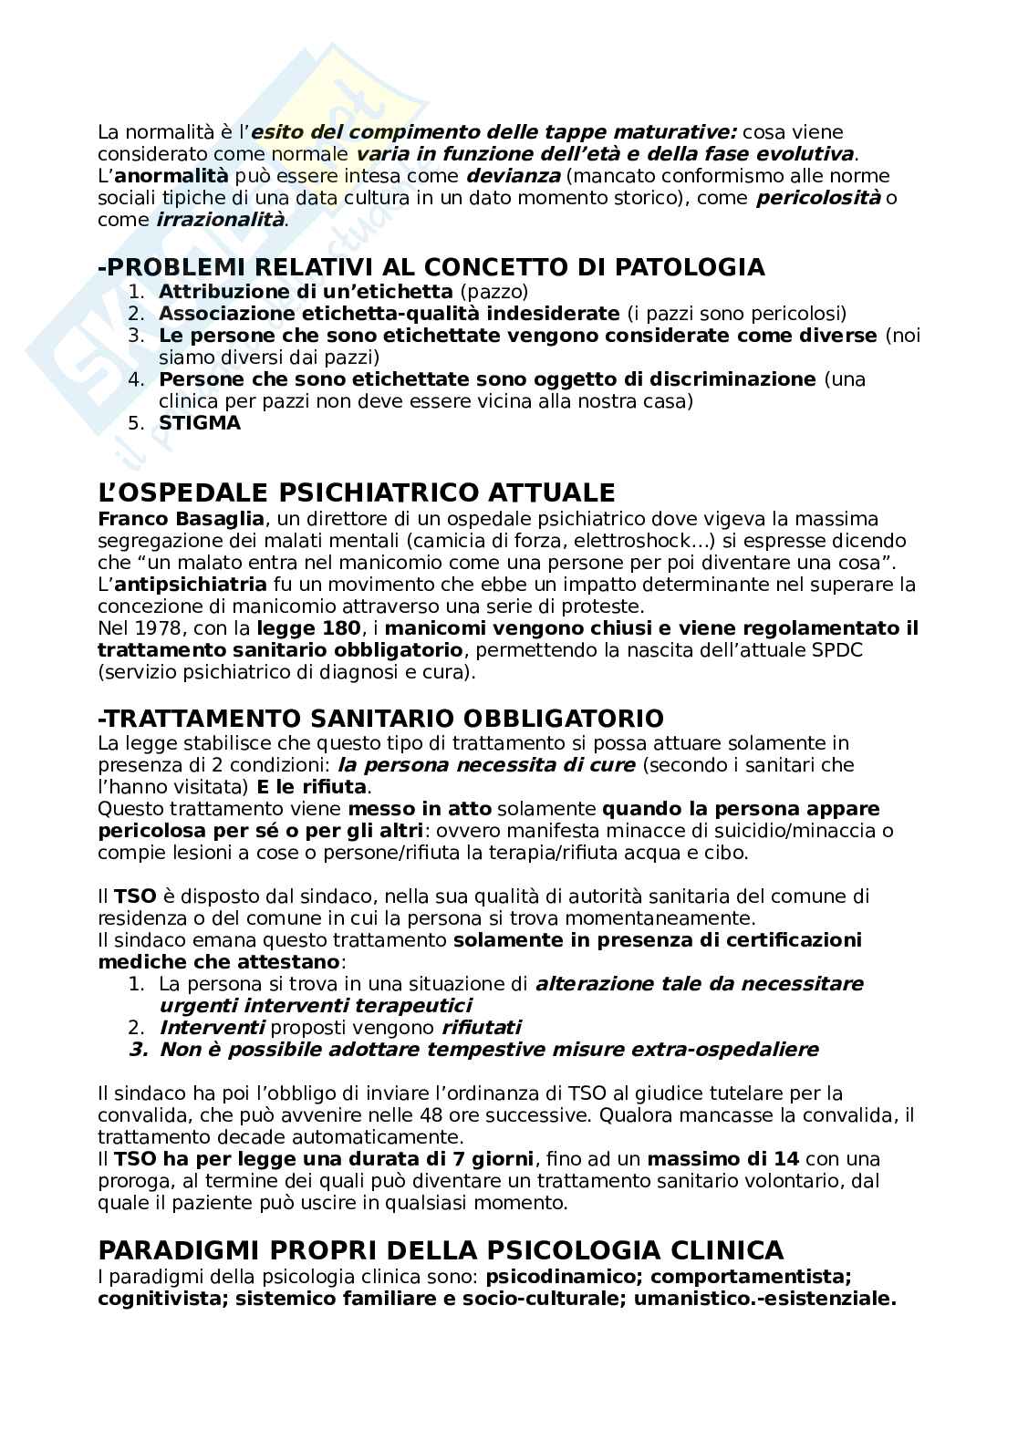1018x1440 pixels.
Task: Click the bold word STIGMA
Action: pyautogui.click(x=200, y=423)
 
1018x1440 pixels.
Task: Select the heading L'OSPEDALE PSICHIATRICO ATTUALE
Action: pyautogui.click(x=357, y=493)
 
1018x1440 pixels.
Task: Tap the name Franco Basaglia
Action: pyautogui.click(x=181, y=519)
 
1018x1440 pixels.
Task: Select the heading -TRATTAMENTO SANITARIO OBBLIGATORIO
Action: pyautogui.click(x=380, y=718)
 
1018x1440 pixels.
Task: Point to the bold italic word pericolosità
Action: pyautogui.click(x=818, y=198)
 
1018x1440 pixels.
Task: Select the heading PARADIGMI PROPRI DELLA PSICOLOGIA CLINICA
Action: pyautogui.click(x=441, y=1249)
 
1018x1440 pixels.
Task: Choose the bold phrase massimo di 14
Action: pyautogui.click(x=723, y=1159)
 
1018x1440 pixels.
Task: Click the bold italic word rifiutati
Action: pyautogui.click(x=481, y=1028)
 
